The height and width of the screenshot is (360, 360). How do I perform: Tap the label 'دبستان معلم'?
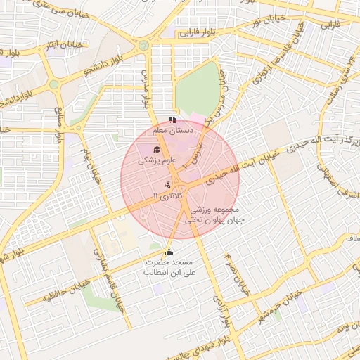pos(173,130)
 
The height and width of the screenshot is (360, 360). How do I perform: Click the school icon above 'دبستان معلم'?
pos(173,120)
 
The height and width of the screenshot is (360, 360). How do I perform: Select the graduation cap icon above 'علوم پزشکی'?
pos(156,148)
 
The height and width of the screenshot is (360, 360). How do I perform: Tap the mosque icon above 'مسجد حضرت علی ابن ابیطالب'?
pos(168,252)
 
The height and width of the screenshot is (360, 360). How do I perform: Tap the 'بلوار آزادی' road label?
pos(223,310)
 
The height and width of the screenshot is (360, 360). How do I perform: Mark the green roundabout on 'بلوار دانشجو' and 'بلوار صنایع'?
pos(53,84)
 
